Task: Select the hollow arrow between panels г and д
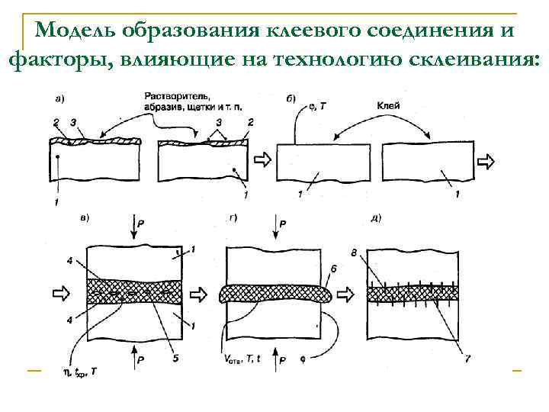(x=348, y=293)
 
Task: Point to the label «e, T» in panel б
(x=314, y=108)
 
